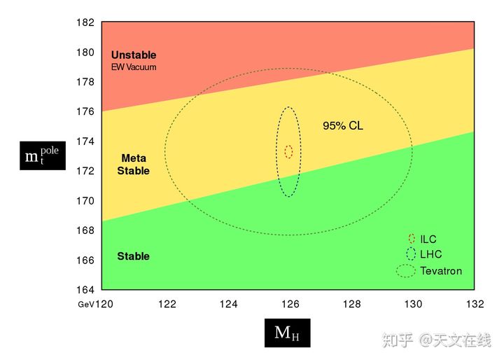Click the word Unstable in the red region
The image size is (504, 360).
coord(133,55)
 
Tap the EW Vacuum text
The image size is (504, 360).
coord(133,67)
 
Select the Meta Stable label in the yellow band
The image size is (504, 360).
coord(133,165)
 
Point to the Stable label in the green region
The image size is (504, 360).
coord(133,256)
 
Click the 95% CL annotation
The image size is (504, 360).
coord(342,127)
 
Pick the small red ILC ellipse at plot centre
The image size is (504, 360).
coord(288,151)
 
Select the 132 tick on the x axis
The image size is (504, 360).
coord(475,305)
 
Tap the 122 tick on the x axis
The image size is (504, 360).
coord(167,305)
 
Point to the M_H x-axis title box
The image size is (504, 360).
coord(287,333)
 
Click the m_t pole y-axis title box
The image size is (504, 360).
coord(43,155)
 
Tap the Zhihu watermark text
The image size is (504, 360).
coord(436,340)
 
